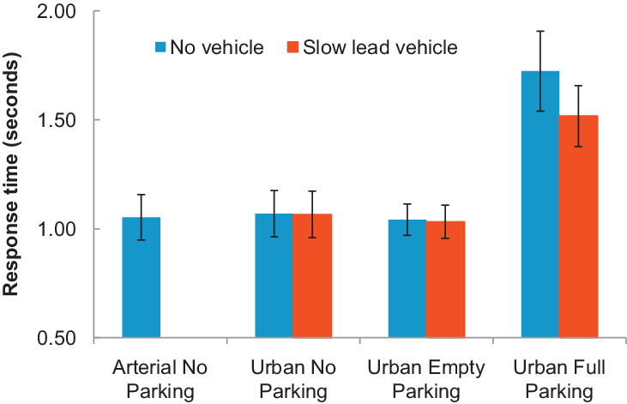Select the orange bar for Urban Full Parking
tap(578, 226)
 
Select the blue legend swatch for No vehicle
tap(161, 47)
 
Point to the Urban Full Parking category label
tap(559, 380)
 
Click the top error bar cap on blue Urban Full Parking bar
tap(540, 31)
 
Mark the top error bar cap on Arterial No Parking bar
tap(141, 195)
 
